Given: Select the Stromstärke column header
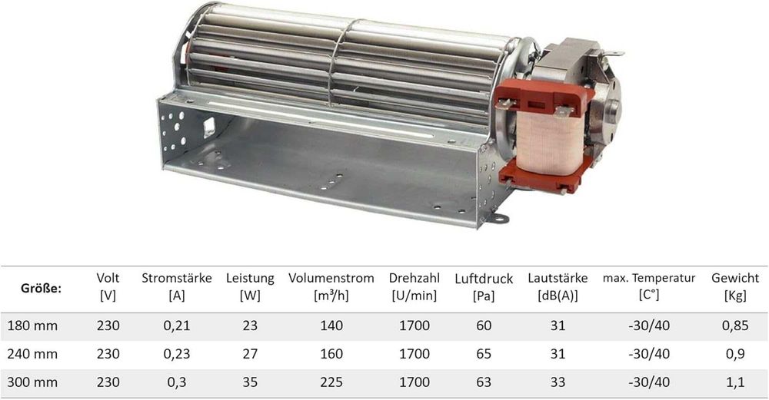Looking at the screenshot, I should pyautogui.click(x=176, y=278).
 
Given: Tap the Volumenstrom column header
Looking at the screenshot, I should pyautogui.click(x=331, y=278).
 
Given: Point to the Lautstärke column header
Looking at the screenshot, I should pyautogui.click(x=558, y=278).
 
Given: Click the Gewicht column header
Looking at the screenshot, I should pyautogui.click(x=735, y=278).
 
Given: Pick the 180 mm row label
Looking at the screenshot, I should pyautogui.click(x=32, y=326).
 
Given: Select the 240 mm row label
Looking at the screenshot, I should pyautogui.click(x=32, y=353).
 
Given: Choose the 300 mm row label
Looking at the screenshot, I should pyautogui.click(x=32, y=381).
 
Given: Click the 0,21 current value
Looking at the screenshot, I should pyautogui.click(x=176, y=326).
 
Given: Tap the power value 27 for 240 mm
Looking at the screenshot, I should pyautogui.click(x=250, y=353).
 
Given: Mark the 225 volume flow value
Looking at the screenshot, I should pyautogui.click(x=331, y=381).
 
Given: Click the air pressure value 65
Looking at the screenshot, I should pyautogui.click(x=483, y=353).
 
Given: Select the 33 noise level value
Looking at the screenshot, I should pyautogui.click(x=558, y=381).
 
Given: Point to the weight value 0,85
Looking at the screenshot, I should pyautogui.click(x=735, y=326).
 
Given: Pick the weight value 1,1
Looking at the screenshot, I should pyautogui.click(x=735, y=381).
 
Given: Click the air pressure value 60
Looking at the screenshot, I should pyautogui.click(x=483, y=326).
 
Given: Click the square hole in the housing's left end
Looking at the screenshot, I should pyautogui.click(x=208, y=122).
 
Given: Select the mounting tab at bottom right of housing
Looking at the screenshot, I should pyautogui.click(x=500, y=220).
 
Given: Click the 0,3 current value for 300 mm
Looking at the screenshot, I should pyautogui.click(x=176, y=381).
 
